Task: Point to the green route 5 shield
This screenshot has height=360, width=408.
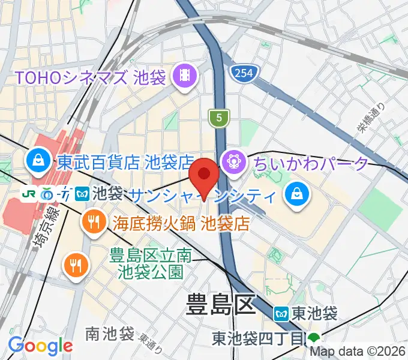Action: coord(220,118)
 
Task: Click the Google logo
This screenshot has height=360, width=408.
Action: coord(40,345)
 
